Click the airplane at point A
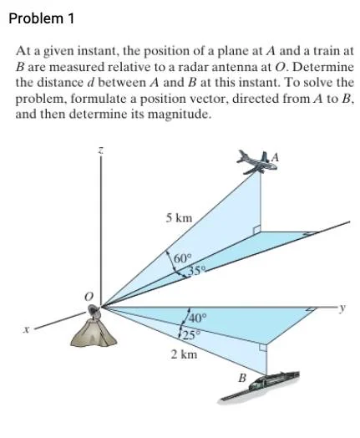coord(256,162)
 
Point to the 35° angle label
coord(198,270)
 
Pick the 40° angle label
coord(198,318)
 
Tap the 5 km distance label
coord(179,218)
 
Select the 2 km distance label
coord(185,354)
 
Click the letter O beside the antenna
coord(89,296)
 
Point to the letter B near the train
coord(242,379)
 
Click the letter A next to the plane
coord(275,158)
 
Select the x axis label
coord(26,330)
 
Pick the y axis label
coord(343,308)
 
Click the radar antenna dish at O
coord(94,312)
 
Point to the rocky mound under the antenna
coord(94,333)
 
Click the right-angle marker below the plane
coord(256,231)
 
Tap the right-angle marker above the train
coord(263,347)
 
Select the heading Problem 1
coord(42,18)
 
